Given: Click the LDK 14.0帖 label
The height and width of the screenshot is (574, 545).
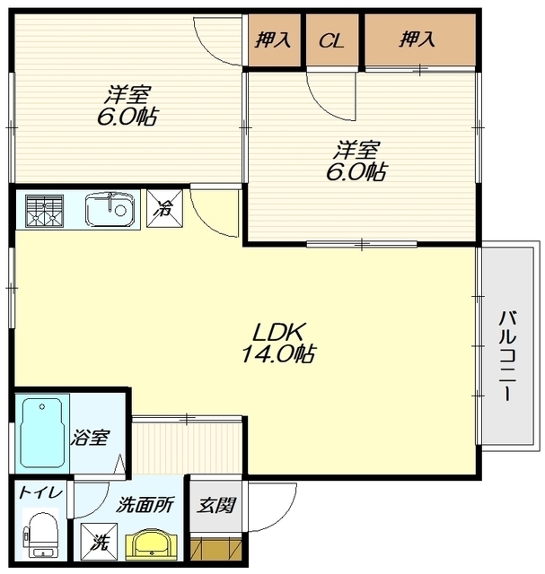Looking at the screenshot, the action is click(277, 343).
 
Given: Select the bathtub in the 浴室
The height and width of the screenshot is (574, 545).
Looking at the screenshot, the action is click(42, 432).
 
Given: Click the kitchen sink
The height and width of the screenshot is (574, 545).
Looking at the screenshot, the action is click(110, 209).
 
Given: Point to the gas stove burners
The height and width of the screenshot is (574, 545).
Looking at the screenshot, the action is click(44, 211).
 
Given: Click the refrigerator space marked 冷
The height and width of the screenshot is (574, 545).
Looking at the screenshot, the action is click(165, 208).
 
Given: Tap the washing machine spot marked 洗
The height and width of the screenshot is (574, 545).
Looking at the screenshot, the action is click(99, 542).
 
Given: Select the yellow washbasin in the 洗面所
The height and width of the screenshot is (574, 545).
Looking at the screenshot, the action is click(152, 544).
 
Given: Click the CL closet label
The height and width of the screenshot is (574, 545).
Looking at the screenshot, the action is click(331, 40).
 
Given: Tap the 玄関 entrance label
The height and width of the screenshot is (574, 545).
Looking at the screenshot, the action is click(215, 506).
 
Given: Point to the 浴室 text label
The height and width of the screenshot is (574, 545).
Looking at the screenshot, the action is click(90, 438).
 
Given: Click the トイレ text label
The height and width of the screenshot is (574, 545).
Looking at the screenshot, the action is click(40, 493).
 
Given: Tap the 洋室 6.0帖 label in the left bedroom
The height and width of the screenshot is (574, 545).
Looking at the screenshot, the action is click(127, 106).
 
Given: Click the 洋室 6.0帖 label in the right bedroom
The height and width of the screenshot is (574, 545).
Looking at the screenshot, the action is click(356, 161).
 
